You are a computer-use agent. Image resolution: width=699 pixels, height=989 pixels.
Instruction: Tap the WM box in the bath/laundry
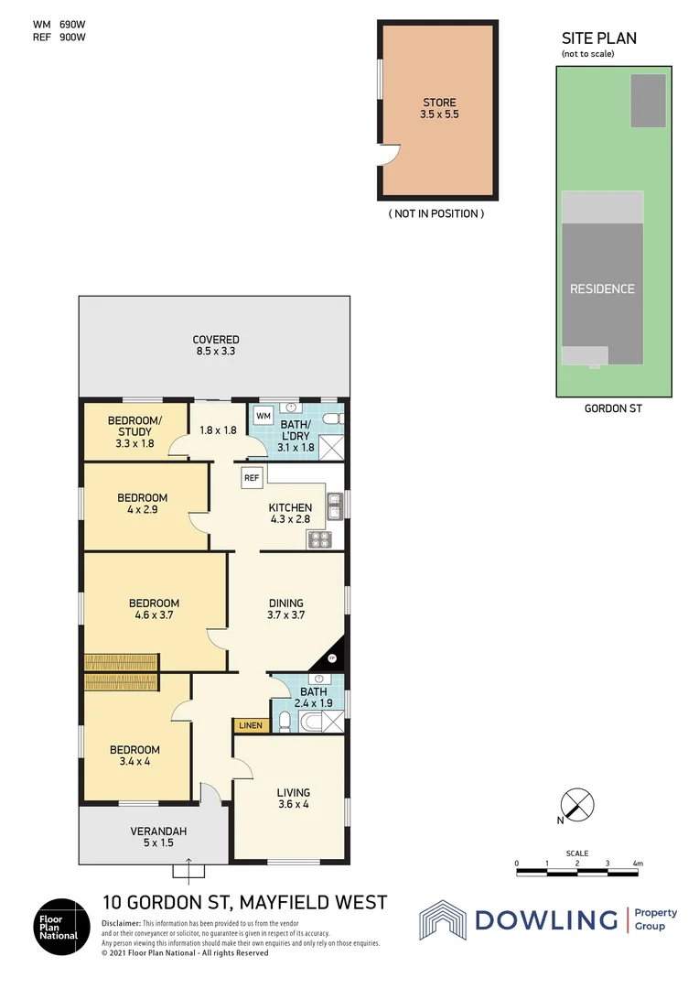(263, 417)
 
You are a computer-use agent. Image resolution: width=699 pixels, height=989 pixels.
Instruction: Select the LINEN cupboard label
(251, 725)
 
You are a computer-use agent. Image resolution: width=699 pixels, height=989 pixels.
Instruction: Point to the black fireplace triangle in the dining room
(330, 655)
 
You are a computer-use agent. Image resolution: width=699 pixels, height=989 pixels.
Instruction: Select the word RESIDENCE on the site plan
(602, 288)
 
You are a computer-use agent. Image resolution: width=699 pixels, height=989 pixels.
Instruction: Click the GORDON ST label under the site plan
(613, 408)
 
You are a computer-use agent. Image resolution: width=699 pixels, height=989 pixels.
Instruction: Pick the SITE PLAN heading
(598, 38)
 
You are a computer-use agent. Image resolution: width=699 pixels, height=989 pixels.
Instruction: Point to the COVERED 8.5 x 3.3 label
(215, 345)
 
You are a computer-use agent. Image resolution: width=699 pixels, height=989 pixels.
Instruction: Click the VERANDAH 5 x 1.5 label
(157, 837)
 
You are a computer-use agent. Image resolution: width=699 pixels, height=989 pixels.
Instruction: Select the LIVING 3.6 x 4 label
(293, 799)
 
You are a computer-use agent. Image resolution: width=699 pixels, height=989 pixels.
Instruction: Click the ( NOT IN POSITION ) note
(437, 213)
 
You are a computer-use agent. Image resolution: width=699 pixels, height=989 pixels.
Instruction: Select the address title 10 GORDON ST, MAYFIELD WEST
(244, 902)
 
